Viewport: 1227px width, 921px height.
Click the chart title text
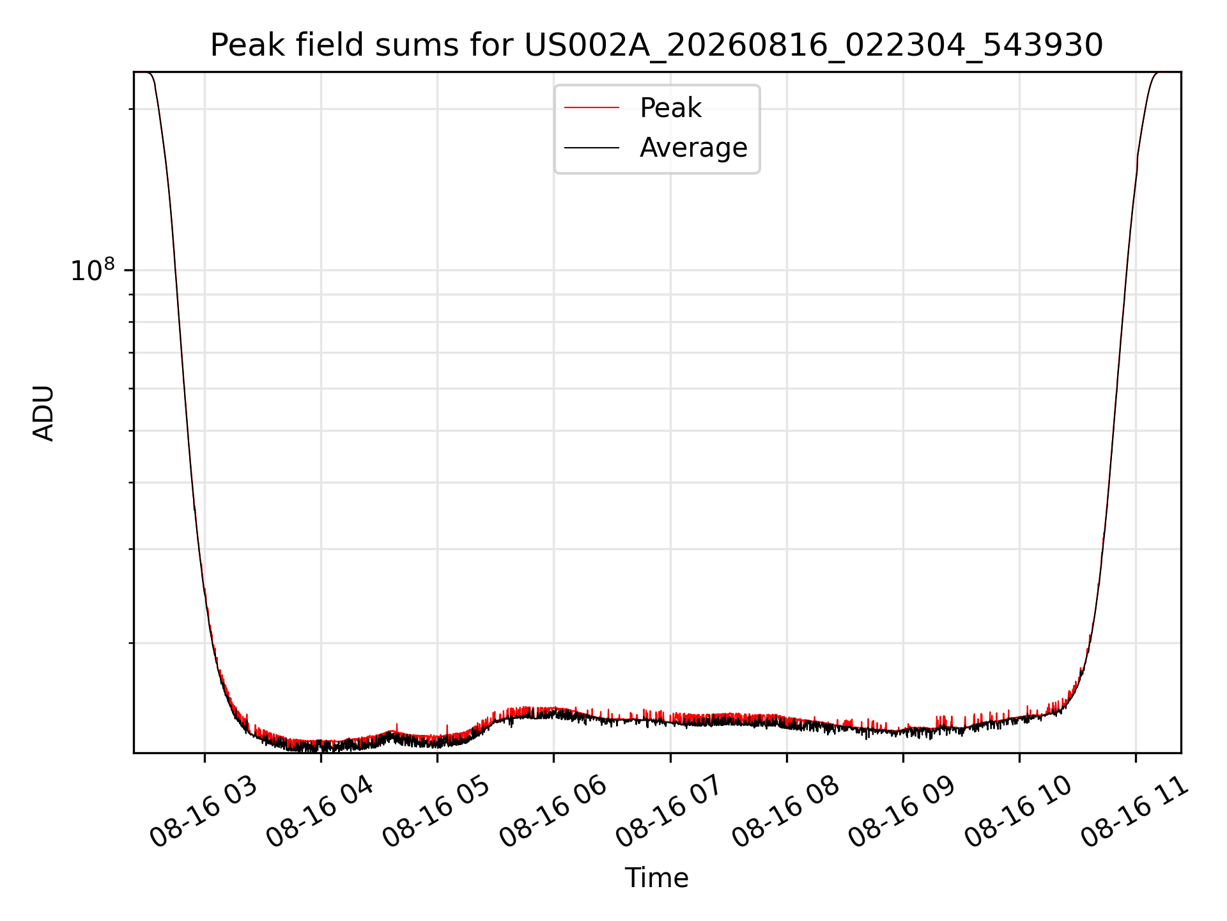pos(656,45)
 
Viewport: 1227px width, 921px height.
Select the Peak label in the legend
pos(670,108)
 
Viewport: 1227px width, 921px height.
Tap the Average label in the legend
pos(693,148)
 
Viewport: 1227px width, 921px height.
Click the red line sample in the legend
pos(592,107)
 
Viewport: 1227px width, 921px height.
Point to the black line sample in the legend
pos(592,148)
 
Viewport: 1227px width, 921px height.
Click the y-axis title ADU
pos(43,413)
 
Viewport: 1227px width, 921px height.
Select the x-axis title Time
pos(656,878)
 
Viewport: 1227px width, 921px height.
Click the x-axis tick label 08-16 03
pos(203,812)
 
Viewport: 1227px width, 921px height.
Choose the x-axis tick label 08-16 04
pos(320,812)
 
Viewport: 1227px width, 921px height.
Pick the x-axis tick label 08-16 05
pos(436,812)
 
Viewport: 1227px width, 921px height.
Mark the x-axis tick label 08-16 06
pos(553,812)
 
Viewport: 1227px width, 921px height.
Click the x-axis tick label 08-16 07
pos(669,812)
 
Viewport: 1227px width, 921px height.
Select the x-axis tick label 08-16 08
pos(785,812)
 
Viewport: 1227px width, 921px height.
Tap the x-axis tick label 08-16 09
pos(902,812)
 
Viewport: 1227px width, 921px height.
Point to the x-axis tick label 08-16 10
pos(1018,812)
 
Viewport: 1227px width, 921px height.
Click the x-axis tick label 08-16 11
pos(1134,812)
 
